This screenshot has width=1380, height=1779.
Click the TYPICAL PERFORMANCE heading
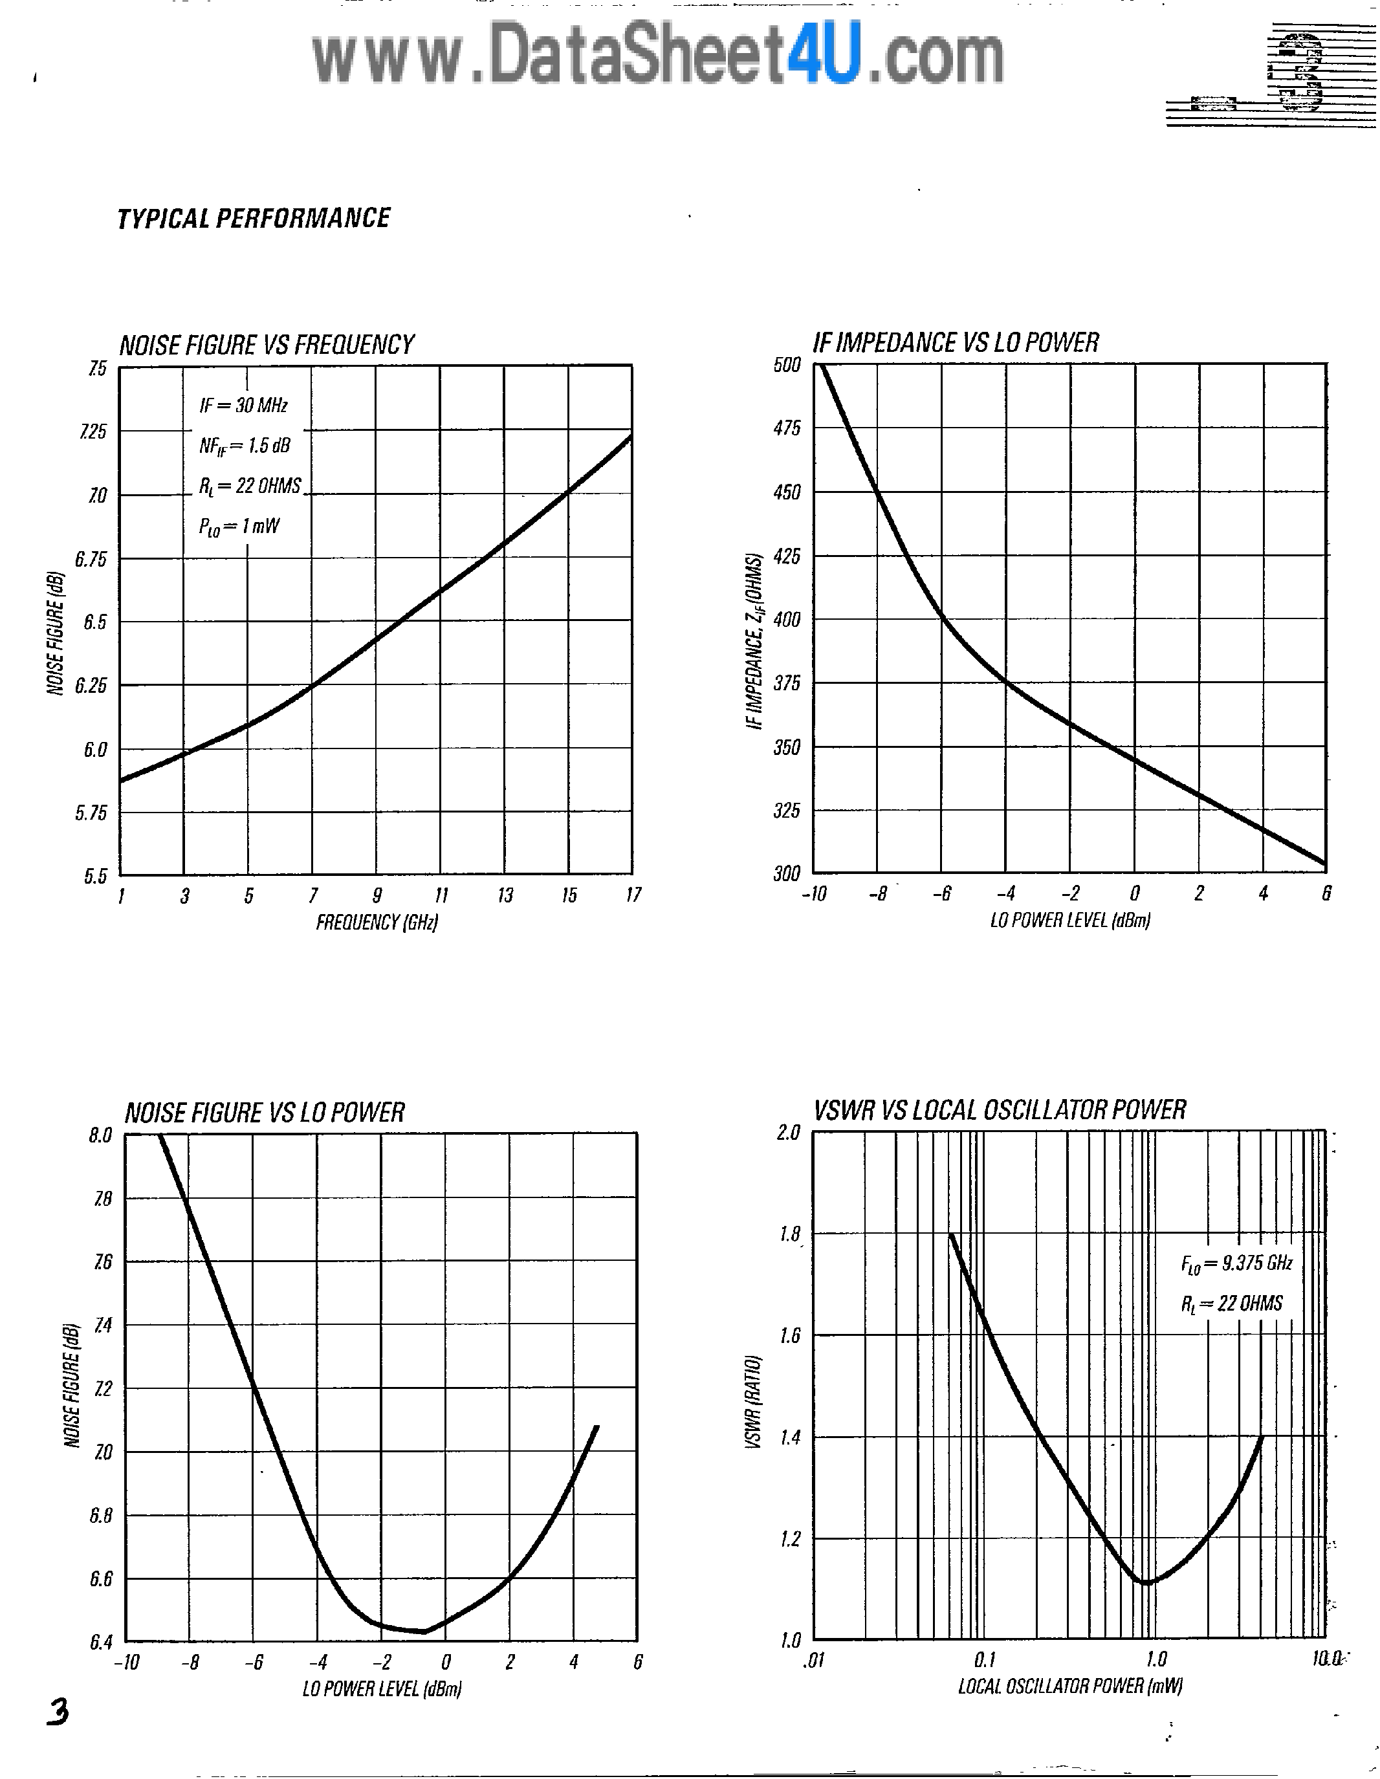254,218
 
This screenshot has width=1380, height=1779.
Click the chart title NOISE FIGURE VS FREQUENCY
267,345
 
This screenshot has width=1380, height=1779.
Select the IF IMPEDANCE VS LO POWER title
956,342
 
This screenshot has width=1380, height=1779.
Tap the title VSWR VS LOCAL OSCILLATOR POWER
1000,1109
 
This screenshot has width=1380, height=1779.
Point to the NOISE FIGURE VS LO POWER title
264,1113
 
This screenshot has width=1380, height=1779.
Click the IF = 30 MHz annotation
243,405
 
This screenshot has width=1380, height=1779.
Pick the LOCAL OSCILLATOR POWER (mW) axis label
1069,1685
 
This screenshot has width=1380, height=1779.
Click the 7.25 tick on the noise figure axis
94,431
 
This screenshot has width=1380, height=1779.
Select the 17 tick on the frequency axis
633,895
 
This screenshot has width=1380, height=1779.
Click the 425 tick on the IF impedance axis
788,556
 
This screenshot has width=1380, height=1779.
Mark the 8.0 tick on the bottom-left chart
100,1135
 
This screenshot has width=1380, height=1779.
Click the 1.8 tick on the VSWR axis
789,1234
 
